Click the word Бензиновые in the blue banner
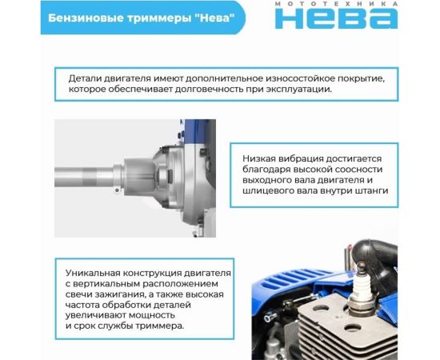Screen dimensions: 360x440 pyautogui.click(x=82, y=18)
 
